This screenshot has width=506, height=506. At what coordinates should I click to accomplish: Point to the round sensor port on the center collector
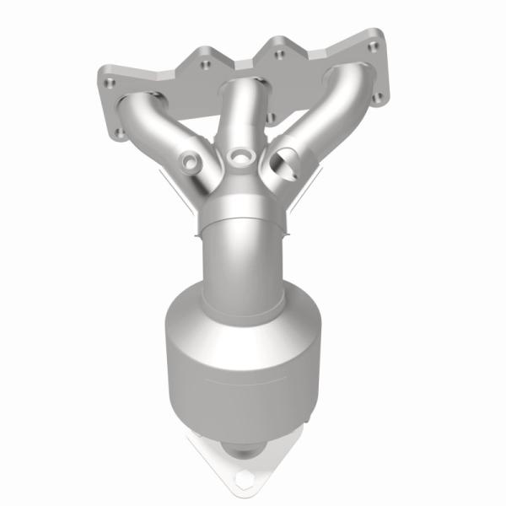[x=244, y=155]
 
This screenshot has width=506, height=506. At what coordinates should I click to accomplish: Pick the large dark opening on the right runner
[x=285, y=160]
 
